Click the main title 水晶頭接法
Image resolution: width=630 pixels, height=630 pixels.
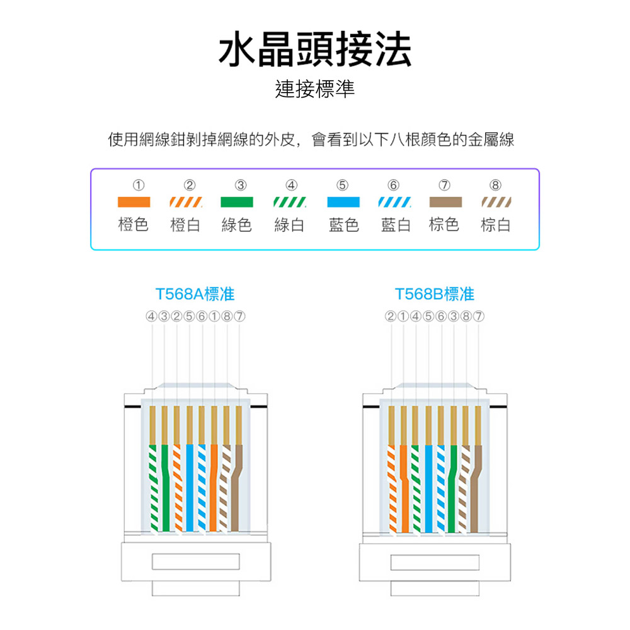tap(315, 49)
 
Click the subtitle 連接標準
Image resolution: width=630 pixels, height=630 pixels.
tap(315, 89)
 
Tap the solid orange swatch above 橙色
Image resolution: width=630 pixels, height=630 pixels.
tap(134, 202)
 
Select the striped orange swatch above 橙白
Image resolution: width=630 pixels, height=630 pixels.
tap(186, 202)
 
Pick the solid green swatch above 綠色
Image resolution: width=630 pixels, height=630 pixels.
tap(237, 202)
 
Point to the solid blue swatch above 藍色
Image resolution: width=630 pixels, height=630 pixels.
tap(343, 202)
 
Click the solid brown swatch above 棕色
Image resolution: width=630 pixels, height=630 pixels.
tap(445, 202)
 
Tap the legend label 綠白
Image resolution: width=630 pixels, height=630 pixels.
tap(289, 225)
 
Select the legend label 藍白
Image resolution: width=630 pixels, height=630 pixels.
tap(396, 225)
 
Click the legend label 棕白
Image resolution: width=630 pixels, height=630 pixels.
tap(496, 225)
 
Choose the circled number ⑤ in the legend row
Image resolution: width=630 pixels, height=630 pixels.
tap(341, 185)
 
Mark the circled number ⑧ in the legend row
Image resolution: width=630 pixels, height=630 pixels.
tap(496, 185)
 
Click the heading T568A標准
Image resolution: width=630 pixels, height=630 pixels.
tap(195, 294)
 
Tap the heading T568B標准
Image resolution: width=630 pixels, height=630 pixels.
tap(435, 294)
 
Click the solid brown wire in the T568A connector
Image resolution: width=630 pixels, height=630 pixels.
tap(236, 491)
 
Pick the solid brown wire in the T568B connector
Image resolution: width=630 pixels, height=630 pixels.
tap(476, 491)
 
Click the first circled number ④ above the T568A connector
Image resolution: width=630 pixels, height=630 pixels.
tap(151, 315)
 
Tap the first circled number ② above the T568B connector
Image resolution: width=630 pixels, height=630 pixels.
tap(391, 315)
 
